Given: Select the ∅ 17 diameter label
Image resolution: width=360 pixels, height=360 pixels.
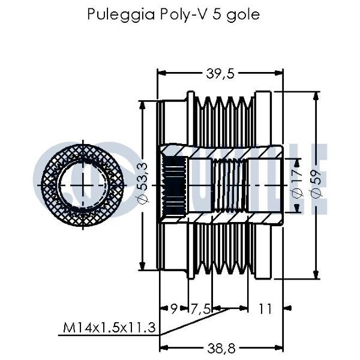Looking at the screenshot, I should (296, 184).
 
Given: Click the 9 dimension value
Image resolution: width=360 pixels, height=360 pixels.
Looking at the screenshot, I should (173, 309).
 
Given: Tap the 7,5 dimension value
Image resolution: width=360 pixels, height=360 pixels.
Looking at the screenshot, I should (200, 309).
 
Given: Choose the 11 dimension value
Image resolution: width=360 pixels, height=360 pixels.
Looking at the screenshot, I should (265, 309).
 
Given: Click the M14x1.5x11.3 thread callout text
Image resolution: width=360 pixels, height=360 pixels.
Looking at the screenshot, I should (110, 328).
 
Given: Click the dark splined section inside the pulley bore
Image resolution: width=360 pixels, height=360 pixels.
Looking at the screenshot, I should (176, 184).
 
